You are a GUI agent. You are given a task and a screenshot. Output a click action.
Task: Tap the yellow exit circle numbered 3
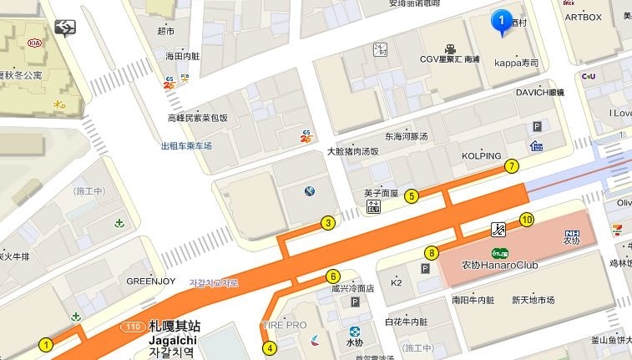click(x=328, y=223)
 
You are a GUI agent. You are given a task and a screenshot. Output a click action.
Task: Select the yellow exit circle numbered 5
click(x=412, y=196)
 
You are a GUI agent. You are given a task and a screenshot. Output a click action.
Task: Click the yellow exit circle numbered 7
click(x=512, y=166)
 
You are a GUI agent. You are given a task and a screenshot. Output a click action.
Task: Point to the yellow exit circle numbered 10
click(x=526, y=220)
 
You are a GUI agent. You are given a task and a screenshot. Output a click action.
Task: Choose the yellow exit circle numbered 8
click(x=432, y=252)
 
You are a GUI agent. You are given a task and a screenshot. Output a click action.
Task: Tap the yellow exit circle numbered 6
click(x=332, y=276)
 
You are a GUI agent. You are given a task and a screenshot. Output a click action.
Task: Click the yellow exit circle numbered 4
click(x=269, y=347)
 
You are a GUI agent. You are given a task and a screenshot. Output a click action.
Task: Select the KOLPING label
click(x=482, y=156)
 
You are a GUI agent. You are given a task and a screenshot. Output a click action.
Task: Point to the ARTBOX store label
click(x=584, y=17)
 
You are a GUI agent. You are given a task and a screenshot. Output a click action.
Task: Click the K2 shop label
click(x=397, y=282)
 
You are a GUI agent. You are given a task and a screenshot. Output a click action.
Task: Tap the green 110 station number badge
click(x=132, y=326)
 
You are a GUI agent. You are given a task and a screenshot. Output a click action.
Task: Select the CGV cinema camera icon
click(x=450, y=48)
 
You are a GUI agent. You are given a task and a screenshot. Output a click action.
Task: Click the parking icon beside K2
click(x=425, y=269)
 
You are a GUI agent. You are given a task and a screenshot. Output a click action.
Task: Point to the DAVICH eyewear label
click(x=539, y=92)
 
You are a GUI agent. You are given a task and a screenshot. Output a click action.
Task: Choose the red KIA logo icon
click(x=36, y=42)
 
